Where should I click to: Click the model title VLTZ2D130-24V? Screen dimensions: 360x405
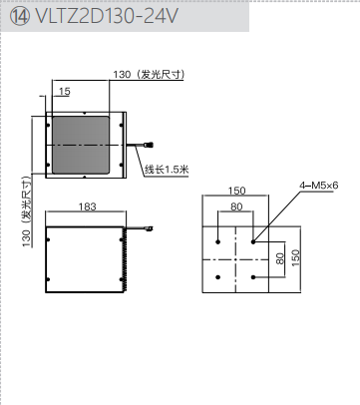[107, 16]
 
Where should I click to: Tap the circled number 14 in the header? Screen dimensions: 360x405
[20, 16]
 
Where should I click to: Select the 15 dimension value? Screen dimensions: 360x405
[65, 91]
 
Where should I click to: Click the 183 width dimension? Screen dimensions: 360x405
[87, 206]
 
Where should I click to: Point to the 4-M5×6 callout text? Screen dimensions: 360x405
[319, 186]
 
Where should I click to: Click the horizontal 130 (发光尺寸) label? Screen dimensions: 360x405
[149, 75]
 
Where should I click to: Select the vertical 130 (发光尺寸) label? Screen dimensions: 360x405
[27, 211]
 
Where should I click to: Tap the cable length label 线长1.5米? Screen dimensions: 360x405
[167, 170]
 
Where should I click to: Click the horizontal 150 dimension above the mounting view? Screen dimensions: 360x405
[236, 191]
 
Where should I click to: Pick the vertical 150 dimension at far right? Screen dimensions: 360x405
[295, 257]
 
